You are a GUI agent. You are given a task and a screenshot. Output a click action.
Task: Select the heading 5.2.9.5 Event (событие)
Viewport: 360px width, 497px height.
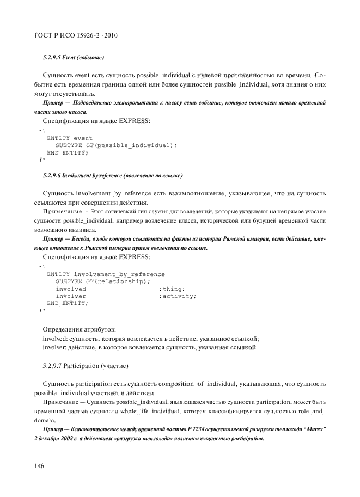[x=73, y=57]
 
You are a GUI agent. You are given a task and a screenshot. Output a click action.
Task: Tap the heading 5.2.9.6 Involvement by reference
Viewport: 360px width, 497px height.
[x=112, y=176]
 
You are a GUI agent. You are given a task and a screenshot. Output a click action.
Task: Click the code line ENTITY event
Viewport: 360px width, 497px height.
[x=70, y=138]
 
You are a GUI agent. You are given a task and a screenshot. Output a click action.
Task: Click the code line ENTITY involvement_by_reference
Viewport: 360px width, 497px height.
[x=106, y=274]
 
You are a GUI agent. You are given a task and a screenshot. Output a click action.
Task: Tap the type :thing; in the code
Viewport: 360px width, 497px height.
[x=172, y=289]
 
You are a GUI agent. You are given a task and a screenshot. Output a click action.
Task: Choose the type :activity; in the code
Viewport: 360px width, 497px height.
[x=177, y=296]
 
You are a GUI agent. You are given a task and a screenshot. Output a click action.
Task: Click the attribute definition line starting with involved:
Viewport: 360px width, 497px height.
[x=150, y=338]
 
